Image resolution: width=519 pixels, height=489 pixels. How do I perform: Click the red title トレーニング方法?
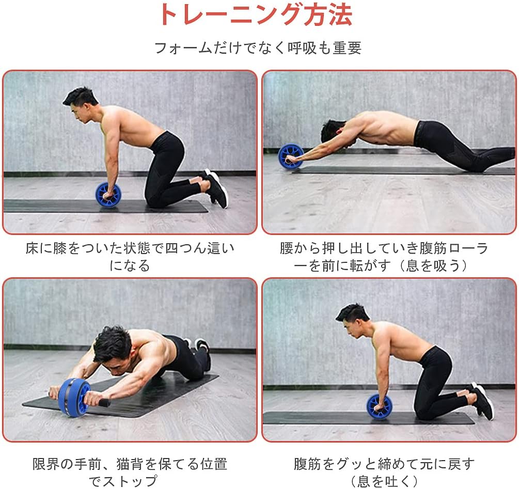(x=256, y=15)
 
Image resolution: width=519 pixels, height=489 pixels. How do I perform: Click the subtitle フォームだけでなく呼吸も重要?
(x=258, y=48)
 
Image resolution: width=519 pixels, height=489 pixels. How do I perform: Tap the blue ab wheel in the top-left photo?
(x=108, y=195)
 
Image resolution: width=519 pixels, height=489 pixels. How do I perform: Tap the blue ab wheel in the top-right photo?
(x=291, y=156)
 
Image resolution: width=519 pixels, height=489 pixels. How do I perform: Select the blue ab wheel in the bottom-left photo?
(x=74, y=397)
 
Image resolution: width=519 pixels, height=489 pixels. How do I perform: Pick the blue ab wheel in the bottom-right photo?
(x=380, y=406)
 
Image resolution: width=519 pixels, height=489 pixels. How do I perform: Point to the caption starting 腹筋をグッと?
(x=384, y=464)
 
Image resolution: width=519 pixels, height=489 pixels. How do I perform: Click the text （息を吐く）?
(x=384, y=481)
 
